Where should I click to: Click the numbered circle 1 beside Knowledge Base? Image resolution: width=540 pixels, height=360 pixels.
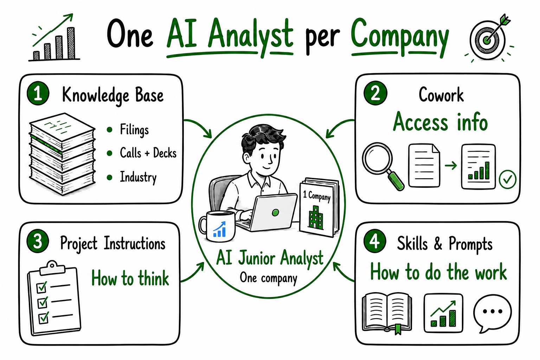[38, 94]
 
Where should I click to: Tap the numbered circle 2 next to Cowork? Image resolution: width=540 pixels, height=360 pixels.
[375, 93]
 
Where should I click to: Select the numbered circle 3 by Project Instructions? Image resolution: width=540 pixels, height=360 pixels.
[38, 242]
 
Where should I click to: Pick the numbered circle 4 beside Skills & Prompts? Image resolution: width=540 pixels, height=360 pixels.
[375, 242]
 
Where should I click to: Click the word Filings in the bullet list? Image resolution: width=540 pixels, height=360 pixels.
[134, 130]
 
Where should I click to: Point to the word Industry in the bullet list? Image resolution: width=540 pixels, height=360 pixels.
[138, 177]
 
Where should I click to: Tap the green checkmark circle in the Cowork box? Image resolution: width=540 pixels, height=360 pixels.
[507, 179]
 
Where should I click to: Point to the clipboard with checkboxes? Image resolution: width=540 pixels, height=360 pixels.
[54, 298]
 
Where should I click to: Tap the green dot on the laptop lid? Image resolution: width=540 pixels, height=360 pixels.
[275, 212]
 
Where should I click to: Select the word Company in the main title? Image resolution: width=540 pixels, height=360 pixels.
[400, 37]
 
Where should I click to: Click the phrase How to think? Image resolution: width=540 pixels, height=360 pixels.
[130, 278]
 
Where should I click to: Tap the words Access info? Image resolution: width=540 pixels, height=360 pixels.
[441, 122]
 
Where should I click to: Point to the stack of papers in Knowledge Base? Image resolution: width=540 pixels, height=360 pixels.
[62, 154]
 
